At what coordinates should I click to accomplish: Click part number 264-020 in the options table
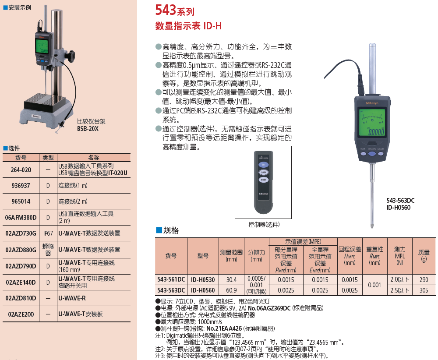pos(21,170)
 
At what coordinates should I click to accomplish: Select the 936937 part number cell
pos(21,186)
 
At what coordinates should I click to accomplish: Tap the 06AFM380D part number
pos(21,217)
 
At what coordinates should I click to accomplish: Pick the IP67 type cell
pos(48,233)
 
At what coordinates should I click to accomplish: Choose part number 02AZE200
pos(21,314)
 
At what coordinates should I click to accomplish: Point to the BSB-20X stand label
pos(88,129)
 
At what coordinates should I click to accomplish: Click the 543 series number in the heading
pos(166,10)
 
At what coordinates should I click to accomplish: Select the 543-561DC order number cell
pos(171,279)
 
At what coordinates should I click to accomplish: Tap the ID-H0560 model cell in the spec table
pos(203,290)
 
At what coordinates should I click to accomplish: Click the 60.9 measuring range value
pos(231,290)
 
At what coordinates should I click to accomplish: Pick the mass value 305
pos(424,290)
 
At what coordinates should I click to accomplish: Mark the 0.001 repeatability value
pos(374,285)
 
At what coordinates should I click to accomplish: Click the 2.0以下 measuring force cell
pos(399,279)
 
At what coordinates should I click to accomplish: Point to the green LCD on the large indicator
pos(372,123)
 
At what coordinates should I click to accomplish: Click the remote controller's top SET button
pos(263,165)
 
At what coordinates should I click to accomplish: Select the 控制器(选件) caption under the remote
pos(264,225)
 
